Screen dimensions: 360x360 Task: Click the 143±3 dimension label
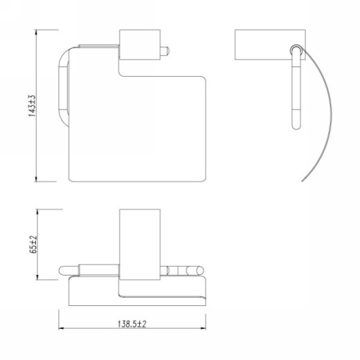pyautogui.click(x=33, y=106)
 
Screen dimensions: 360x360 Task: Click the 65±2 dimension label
pyautogui.click(x=33, y=244)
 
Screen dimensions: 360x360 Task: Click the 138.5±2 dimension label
pyautogui.click(x=132, y=324)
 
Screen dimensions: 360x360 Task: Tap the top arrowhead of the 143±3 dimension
pyautogui.click(x=36, y=32)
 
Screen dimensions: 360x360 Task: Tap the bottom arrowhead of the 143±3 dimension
pyautogui.click(x=36, y=179)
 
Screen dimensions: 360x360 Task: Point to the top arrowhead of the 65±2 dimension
pyautogui.click(x=37, y=212)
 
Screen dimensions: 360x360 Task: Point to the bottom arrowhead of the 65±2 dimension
pyautogui.click(x=37, y=277)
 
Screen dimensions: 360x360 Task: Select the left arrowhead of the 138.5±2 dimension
pyautogui.click(x=62, y=328)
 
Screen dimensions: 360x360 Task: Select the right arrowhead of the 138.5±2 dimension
pyautogui.click(x=203, y=328)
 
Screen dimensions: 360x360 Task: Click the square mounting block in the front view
pyautogui.click(x=140, y=44)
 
